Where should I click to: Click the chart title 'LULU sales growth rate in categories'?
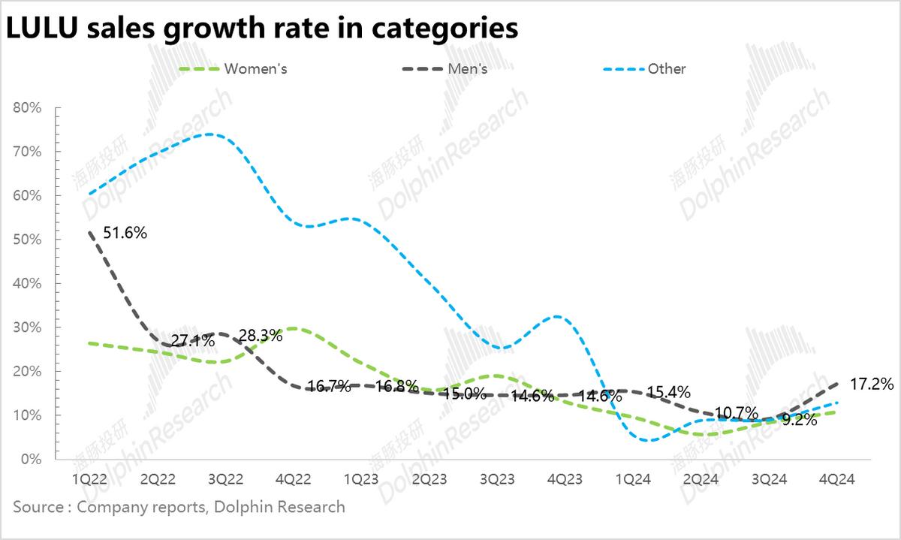tap(262, 28)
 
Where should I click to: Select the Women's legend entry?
tap(256, 69)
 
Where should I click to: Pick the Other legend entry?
tap(667, 69)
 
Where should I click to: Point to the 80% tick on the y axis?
tap(28, 107)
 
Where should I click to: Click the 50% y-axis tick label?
tap(28, 240)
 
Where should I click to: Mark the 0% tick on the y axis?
tap(31, 459)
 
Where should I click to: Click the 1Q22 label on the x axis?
tap(88, 479)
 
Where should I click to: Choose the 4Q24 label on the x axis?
tap(837, 479)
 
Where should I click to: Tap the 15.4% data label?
tap(667, 392)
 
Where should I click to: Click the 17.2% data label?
tap(872, 385)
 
